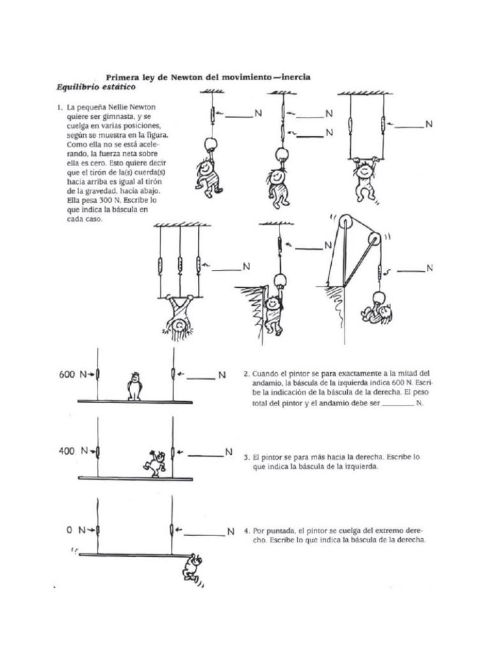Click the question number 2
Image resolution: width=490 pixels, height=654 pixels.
246,373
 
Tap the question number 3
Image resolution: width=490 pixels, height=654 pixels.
246,458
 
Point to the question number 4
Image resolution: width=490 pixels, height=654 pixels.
246,531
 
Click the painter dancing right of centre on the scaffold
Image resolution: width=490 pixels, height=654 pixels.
157,462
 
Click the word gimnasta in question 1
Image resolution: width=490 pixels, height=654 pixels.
122,118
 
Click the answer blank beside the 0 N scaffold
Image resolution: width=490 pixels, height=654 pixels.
204,532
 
